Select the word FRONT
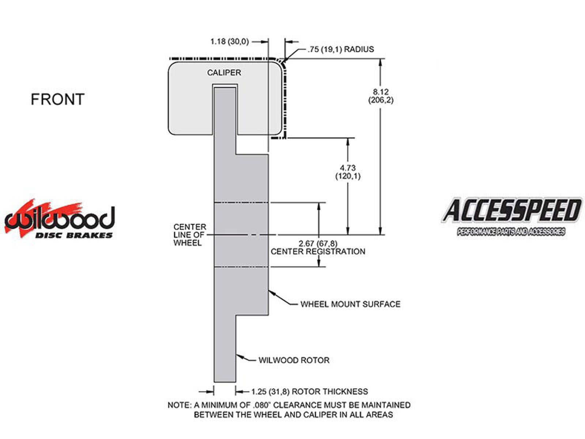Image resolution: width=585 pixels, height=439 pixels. (57, 100)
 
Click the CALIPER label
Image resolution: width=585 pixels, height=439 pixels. (224, 73)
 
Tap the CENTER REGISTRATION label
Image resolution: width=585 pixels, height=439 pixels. (318, 252)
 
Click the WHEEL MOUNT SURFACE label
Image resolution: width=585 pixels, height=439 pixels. (350, 304)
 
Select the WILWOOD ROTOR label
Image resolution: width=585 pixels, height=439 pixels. (294, 360)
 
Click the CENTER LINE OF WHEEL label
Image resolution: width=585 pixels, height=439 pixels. (189, 235)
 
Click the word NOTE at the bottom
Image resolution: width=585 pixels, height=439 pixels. (179, 405)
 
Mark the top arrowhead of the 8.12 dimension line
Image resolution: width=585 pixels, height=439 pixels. (381, 62)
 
